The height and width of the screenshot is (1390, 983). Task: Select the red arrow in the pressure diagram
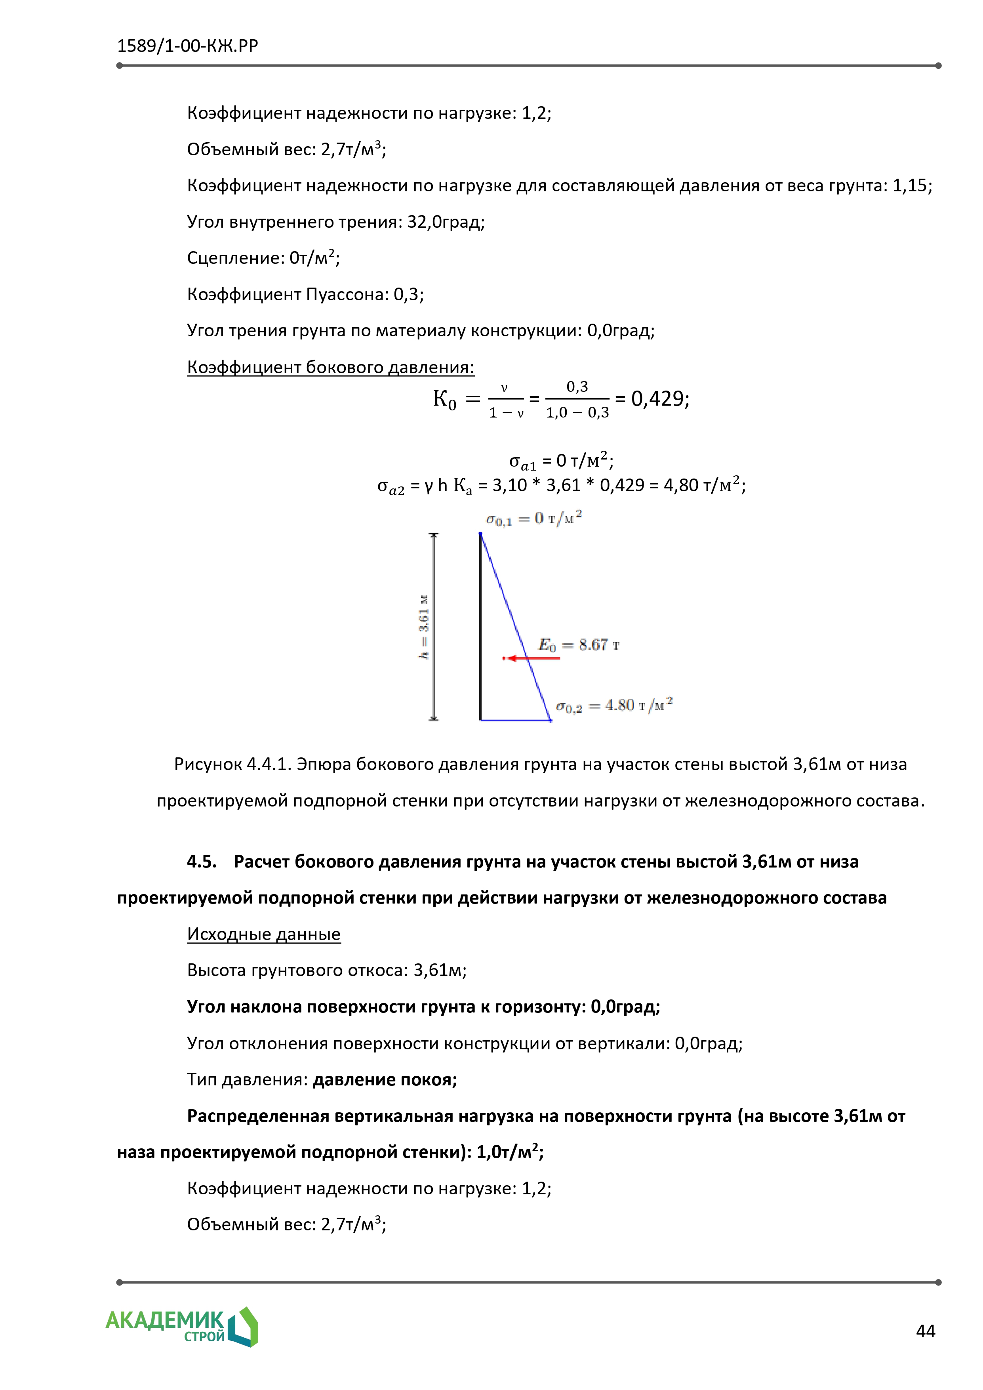[532, 658]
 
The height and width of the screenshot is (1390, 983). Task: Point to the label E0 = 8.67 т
[579, 645]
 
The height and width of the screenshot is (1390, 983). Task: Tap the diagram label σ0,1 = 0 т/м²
[534, 519]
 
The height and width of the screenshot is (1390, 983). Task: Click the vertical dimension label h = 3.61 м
[424, 627]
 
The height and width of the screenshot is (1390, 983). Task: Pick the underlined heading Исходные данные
[263, 934]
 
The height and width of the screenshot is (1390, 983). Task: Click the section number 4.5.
[202, 862]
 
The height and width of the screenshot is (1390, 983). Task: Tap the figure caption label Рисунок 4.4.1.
[232, 764]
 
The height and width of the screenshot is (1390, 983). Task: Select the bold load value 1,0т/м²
[509, 1152]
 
